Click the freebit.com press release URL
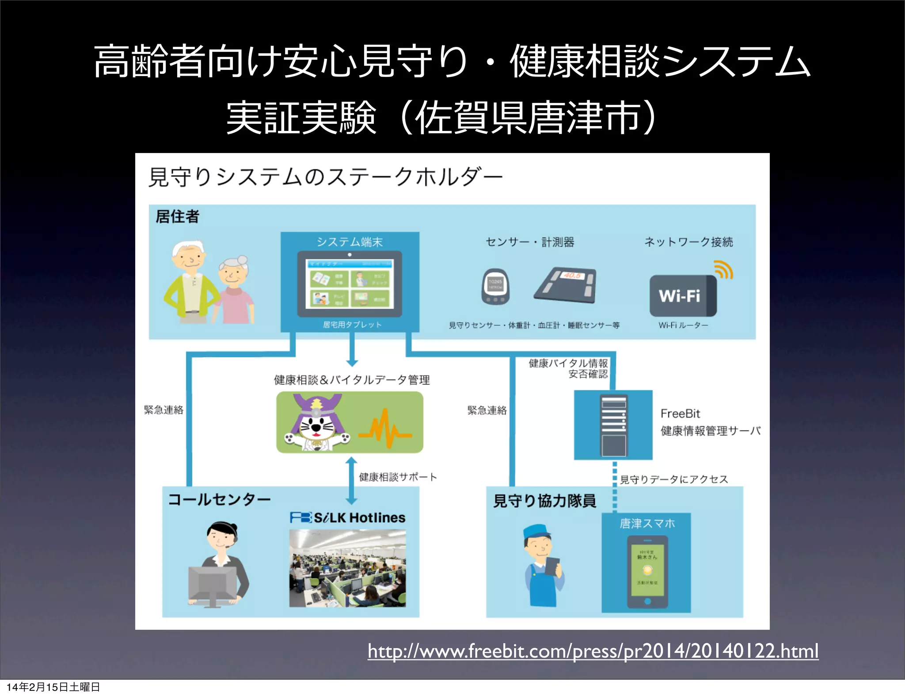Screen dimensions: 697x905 (x=593, y=651)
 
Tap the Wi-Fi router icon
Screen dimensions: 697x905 (x=683, y=295)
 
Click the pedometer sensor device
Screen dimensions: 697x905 (x=495, y=287)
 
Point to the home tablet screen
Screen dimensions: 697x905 (x=350, y=284)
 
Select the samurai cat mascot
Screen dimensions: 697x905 (x=316, y=423)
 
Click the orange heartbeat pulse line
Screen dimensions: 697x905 (x=384, y=429)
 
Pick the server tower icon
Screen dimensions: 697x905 (x=613, y=425)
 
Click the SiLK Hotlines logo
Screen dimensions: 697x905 (x=348, y=517)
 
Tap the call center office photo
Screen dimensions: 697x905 (x=347, y=568)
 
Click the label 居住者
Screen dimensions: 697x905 (x=177, y=217)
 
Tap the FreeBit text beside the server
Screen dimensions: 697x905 (x=680, y=414)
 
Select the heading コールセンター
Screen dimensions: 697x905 (x=219, y=500)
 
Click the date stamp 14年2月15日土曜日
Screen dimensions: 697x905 (x=53, y=687)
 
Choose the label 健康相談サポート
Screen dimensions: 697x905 (x=398, y=477)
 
